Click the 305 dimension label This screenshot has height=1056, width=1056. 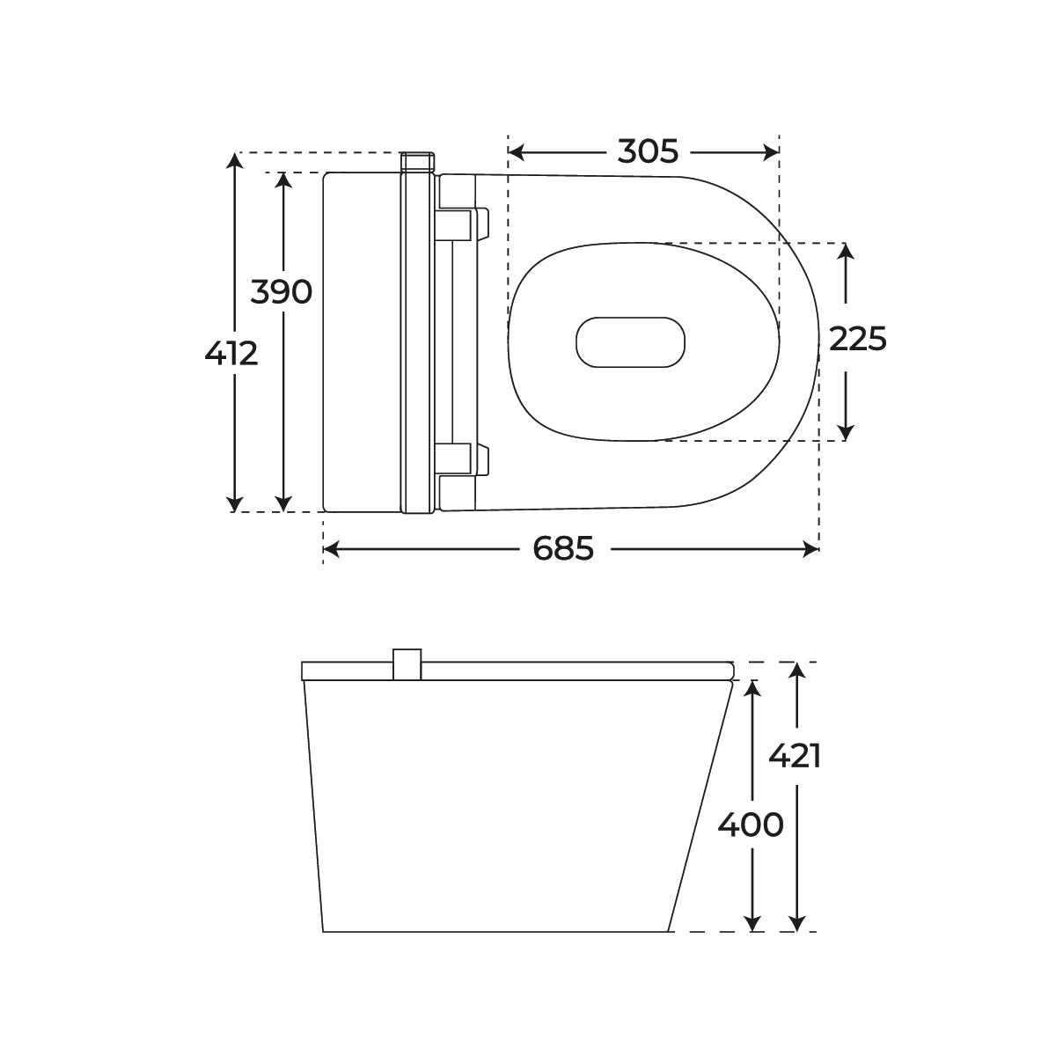pos(648,152)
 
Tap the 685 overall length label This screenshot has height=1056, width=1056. pos(563,550)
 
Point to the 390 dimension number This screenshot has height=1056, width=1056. pos(282,291)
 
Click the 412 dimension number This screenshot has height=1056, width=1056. pos(231,354)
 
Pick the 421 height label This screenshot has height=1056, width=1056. pos(795,756)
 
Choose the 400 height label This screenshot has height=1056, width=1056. pos(751,825)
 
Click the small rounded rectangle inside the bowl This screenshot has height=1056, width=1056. pos(630,341)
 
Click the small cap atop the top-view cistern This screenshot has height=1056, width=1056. pos(418,162)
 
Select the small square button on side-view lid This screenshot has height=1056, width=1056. pos(407,664)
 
